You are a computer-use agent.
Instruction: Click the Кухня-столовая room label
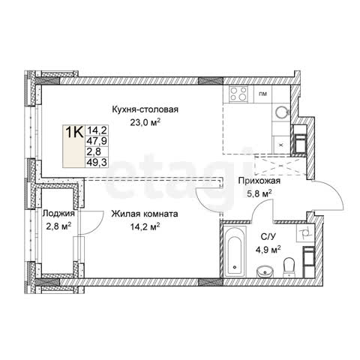[x=145, y=109]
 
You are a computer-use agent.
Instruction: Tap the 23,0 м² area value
[x=145, y=123]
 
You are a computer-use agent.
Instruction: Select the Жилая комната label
[x=145, y=214]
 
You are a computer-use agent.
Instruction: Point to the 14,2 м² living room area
[x=145, y=227]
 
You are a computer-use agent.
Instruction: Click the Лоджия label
[x=58, y=214]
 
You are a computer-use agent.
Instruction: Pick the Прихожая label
[x=259, y=181]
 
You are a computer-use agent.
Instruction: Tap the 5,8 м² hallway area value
[x=259, y=193]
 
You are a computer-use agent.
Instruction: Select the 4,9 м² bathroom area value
[x=268, y=250]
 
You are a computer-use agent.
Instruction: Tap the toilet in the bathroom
[x=289, y=268]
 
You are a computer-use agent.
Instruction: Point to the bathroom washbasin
[x=265, y=271]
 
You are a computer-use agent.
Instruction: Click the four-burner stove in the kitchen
[x=238, y=94]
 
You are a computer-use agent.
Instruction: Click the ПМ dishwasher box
[x=262, y=94]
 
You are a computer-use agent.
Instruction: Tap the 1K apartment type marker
[x=74, y=132]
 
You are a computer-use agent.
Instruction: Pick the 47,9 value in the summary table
[x=97, y=141]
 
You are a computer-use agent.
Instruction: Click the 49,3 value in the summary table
[x=97, y=162]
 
